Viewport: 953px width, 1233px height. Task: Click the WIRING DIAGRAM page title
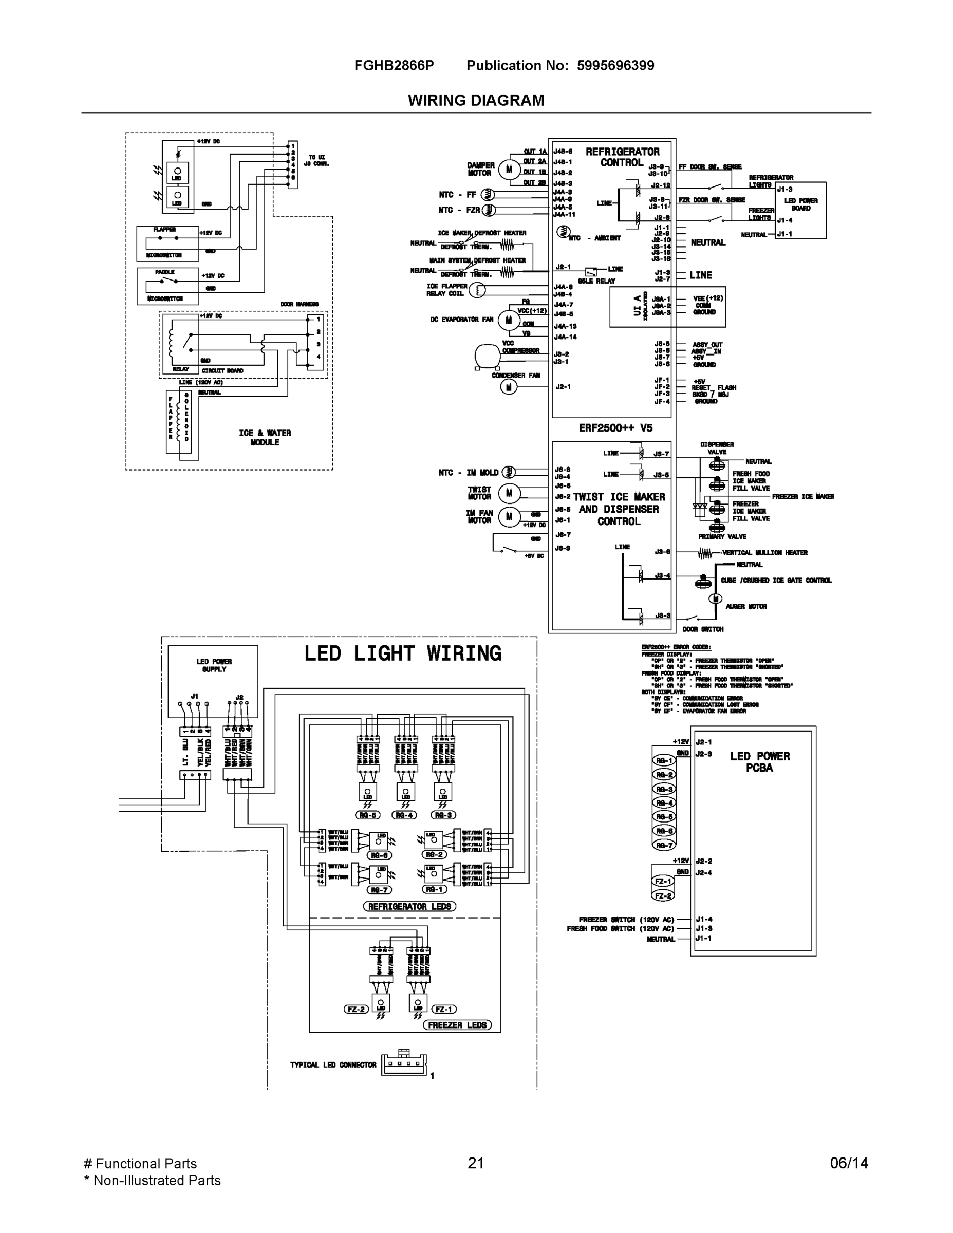(476, 101)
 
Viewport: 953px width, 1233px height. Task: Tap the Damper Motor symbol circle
(509, 169)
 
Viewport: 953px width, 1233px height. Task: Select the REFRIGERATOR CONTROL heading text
(622, 157)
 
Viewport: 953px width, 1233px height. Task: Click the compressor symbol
(487, 356)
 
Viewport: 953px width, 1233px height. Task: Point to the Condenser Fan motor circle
(509, 387)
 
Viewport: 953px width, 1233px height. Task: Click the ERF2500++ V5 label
(615, 428)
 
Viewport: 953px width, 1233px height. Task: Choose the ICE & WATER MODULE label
(265, 438)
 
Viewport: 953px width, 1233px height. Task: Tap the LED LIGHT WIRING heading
(403, 654)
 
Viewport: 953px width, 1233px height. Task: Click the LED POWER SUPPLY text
(214, 665)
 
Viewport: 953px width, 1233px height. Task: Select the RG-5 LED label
(367, 815)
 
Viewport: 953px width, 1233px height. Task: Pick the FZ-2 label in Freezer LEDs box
(356, 1009)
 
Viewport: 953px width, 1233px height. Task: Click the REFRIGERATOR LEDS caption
(409, 906)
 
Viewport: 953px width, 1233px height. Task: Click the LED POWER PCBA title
(759, 761)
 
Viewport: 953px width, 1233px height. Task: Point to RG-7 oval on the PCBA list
(664, 845)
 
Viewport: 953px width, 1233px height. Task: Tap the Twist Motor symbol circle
(509, 493)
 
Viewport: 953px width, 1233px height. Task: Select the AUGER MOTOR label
(746, 606)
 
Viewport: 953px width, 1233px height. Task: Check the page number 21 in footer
(475, 1163)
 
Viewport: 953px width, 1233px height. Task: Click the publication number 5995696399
(615, 65)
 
